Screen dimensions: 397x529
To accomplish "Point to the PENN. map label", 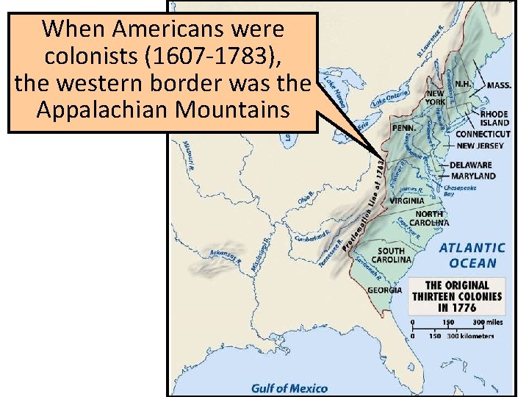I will pos(404,127).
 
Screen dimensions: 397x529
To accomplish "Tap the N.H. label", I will pos(464,84).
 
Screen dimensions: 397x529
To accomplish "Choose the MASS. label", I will pos(499,85).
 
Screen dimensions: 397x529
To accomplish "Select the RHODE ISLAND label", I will pos(494,119).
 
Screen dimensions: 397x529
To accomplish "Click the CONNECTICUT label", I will pos(483,135).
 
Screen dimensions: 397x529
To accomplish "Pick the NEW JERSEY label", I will pos(481,146).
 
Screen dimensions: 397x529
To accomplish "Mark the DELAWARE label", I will pos(471,165).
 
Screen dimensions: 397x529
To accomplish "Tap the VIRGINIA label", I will pos(408,200).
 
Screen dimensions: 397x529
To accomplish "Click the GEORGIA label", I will pos(384,290).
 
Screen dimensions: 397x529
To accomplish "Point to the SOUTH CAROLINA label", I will pos(392,255).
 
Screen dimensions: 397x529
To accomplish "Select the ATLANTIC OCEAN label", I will pos(472,255).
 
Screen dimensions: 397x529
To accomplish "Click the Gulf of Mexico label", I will pos(289,387).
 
